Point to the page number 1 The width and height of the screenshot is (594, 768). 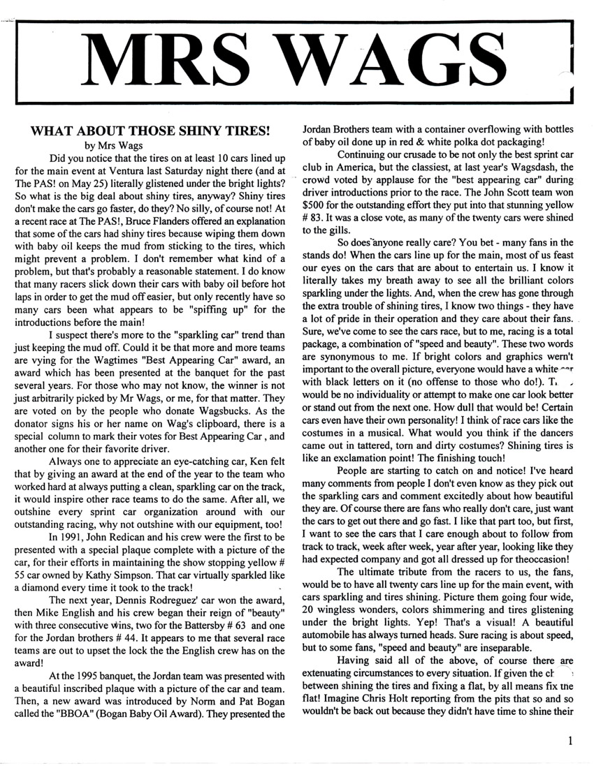[571, 743]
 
